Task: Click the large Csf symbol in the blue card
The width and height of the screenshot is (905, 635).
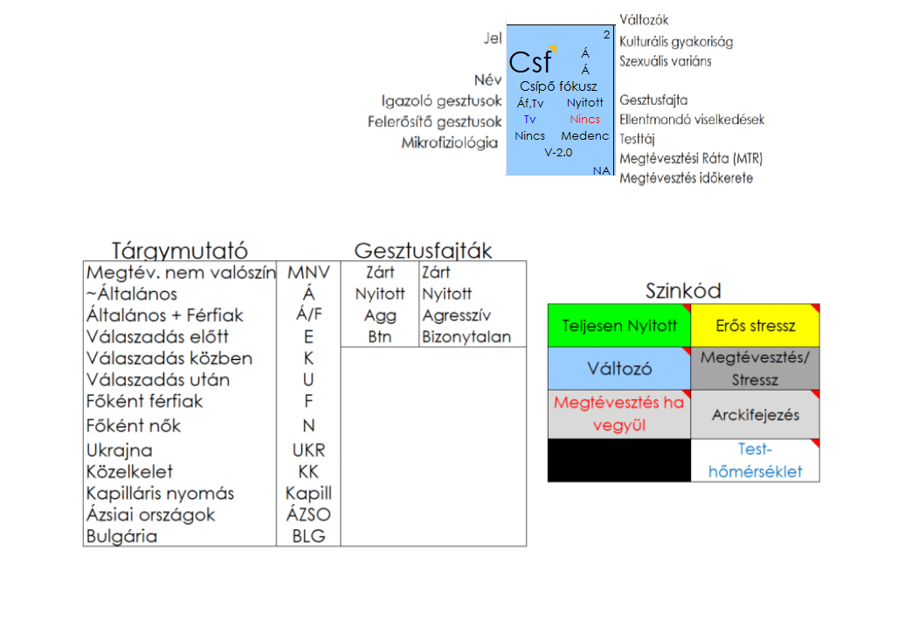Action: click(x=531, y=62)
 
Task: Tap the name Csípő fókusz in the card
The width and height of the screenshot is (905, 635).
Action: click(x=558, y=86)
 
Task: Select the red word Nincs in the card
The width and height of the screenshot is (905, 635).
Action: click(x=585, y=120)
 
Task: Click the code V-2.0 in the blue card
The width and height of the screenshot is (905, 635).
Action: click(x=558, y=153)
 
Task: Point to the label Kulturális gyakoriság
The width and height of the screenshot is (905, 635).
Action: click(x=676, y=41)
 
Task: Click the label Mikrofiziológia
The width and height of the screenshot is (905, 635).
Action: click(x=451, y=142)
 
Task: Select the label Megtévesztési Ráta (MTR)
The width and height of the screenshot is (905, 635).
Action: click(x=691, y=159)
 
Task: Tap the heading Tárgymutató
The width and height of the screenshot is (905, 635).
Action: click(x=180, y=251)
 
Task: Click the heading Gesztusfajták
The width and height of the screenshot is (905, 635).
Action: click(x=423, y=251)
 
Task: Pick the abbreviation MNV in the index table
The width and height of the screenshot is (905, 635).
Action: click(x=308, y=273)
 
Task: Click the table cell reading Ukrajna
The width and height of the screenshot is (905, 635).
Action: click(x=120, y=451)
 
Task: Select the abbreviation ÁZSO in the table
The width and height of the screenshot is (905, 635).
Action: click(x=308, y=515)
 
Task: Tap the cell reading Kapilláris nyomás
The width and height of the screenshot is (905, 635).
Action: click(x=161, y=494)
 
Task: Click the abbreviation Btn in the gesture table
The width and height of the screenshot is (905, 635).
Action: click(x=380, y=337)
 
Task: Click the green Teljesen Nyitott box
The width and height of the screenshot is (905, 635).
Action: click(x=619, y=326)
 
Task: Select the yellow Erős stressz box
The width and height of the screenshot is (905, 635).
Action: click(x=755, y=326)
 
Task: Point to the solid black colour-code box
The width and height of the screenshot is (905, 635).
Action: click(x=619, y=460)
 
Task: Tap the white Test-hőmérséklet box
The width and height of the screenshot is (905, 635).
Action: click(x=755, y=460)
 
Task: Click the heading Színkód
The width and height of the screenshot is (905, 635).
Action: click(x=683, y=291)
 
